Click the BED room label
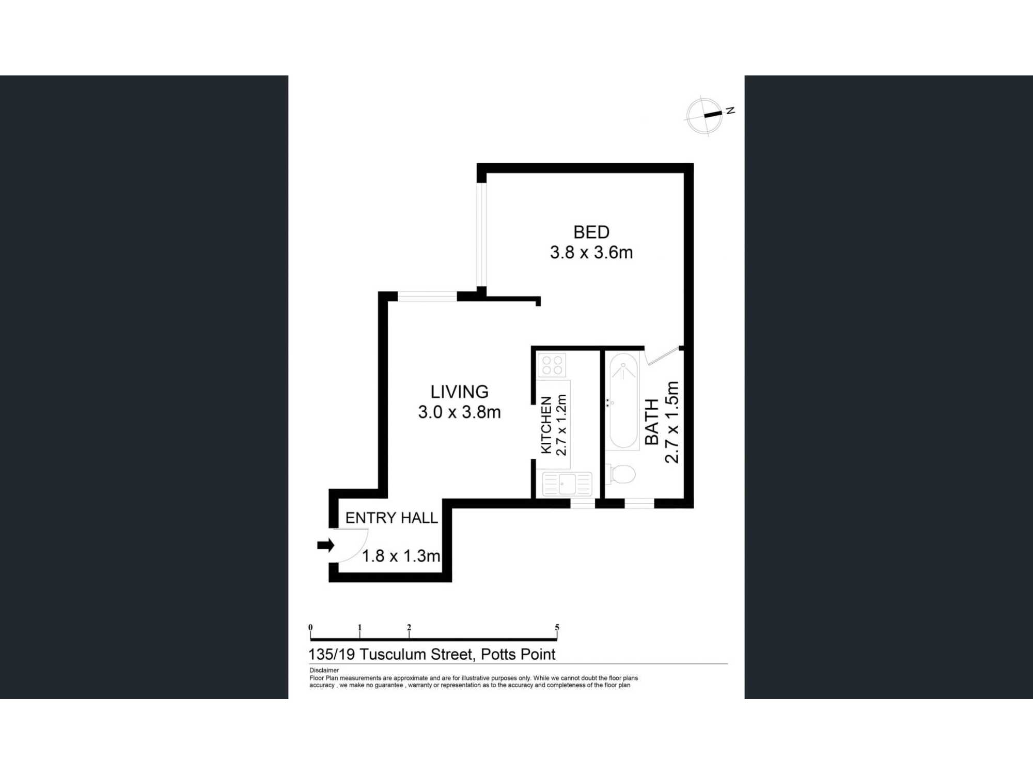tap(591, 232)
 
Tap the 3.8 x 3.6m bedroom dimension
tap(591, 252)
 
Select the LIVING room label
tap(460, 392)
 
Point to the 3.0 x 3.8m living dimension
tap(460, 412)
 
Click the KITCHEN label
tap(546, 425)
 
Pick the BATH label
tap(652, 422)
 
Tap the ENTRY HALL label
tap(392, 518)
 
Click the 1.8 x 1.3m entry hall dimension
tap(401, 556)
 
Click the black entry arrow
tap(326, 545)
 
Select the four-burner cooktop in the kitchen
tap(552, 365)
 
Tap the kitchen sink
tap(567, 484)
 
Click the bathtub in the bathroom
tap(624, 401)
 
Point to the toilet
tap(621, 474)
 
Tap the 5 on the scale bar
tap(557, 627)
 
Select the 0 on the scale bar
tap(310, 627)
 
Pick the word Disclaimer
tap(324, 670)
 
